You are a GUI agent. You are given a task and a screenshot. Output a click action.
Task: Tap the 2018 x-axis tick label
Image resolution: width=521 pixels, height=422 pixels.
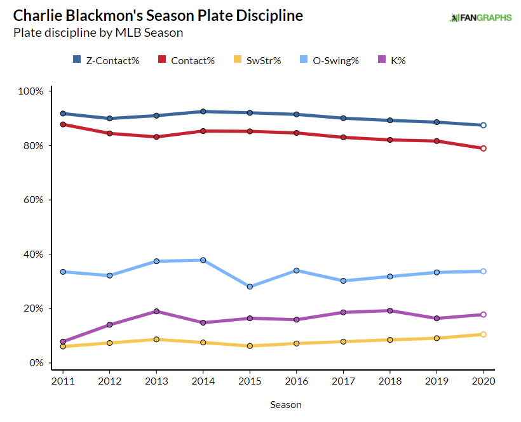pos(389,381)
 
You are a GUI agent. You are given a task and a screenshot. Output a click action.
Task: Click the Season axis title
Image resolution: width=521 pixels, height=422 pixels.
pos(286,404)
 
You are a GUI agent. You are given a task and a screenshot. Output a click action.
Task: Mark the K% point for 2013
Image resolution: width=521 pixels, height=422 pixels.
pos(156,312)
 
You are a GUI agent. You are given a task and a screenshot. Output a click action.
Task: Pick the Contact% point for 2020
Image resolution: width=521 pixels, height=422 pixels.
pos(483,148)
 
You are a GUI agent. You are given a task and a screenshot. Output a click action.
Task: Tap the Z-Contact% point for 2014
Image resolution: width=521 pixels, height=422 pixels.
pos(203,112)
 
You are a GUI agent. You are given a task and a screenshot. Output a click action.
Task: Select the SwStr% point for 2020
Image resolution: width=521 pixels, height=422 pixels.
pos(483,334)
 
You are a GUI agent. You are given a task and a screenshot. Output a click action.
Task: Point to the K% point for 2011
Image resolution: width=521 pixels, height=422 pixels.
pos(63,342)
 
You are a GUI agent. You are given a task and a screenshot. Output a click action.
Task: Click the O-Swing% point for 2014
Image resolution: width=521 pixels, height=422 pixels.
pos(203,260)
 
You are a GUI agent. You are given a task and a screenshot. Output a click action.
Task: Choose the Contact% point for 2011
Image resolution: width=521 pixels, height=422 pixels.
pos(63,124)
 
